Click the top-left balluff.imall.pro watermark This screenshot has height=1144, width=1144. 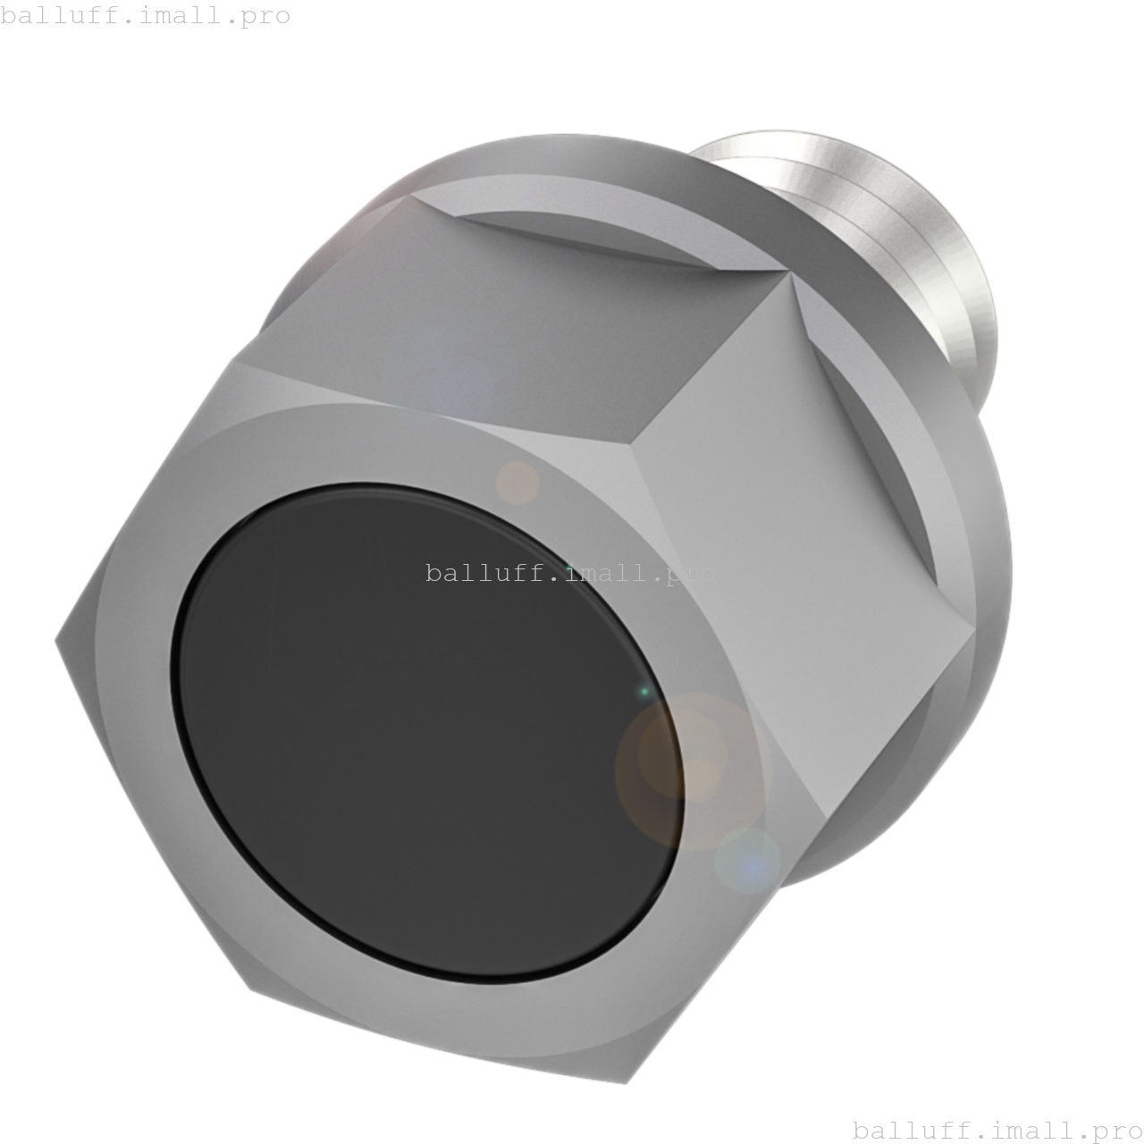pos(146,16)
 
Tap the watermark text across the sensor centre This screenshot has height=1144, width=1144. pos(570,573)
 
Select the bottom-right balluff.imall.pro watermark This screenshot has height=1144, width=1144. pos(997,1130)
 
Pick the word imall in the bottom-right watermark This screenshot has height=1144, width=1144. pos(1009,1130)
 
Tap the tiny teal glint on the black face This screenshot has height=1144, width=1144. pos(643,692)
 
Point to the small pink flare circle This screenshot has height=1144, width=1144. pos(517,484)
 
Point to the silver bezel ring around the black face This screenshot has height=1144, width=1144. pos(143,715)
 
